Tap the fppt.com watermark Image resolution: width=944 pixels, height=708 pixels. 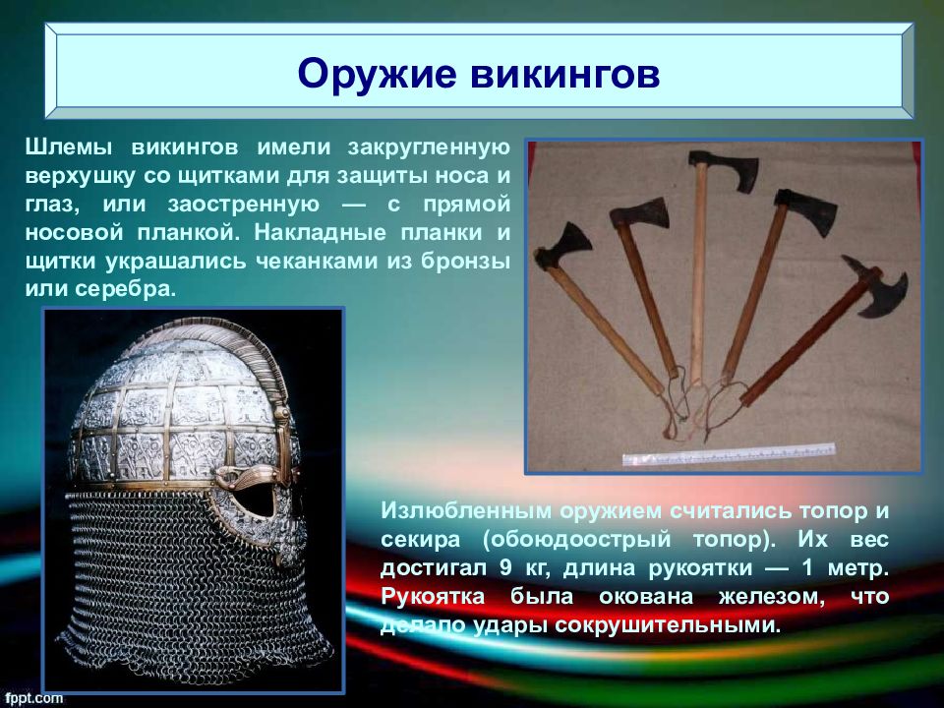point(34,698)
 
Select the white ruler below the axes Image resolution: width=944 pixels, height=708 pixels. point(729,454)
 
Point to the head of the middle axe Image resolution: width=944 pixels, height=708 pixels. point(724,170)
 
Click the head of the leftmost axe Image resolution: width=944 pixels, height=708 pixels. point(564,246)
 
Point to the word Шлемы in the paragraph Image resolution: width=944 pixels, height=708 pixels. point(71,147)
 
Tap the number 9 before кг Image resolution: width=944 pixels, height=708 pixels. point(505,567)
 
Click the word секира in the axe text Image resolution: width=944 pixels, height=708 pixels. point(420,540)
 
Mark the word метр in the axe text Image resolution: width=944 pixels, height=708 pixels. point(857,568)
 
